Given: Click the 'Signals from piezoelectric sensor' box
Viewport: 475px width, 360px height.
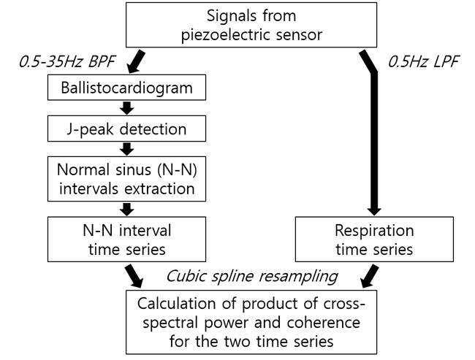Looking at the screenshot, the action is pyautogui.click(x=251, y=25).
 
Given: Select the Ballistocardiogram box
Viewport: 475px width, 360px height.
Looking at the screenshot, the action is pyautogui.click(x=126, y=88).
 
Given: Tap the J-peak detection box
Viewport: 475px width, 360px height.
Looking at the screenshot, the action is pyautogui.click(x=126, y=129).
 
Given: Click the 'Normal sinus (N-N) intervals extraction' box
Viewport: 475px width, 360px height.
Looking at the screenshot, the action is pyautogui.click(x=126, y=179).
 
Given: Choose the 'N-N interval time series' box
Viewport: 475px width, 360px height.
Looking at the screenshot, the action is pyautogui.click(x=126, y=240).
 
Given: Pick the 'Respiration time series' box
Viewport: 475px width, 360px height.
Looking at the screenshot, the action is pyautogui.click(x=374, y=240).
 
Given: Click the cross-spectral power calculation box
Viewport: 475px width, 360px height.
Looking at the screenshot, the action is pyautogui.click(x=251, y=322).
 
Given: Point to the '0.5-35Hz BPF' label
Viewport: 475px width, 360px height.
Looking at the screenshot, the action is pyautogui.click(x=67, y=62).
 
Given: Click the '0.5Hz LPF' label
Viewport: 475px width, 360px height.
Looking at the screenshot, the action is pyautogui.click(x=424, y=62).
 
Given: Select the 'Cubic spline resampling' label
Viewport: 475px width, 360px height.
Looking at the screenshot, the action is pyautogui.click(x=252, y=277).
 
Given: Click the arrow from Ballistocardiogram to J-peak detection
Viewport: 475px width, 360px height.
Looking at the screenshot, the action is pyautogui.click(x=127, y=108).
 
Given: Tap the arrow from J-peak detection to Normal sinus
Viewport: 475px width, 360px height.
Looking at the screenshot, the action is pyautogui.click(x=127, y=149).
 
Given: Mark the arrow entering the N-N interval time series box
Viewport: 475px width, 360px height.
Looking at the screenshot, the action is pyautogui.click(x=127, y=210).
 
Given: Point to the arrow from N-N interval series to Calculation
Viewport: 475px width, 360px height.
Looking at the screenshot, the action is pyautogui.click(x=134, y=276).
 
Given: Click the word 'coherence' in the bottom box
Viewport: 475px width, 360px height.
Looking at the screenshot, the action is pyautogui.click(x=324, y=323).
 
